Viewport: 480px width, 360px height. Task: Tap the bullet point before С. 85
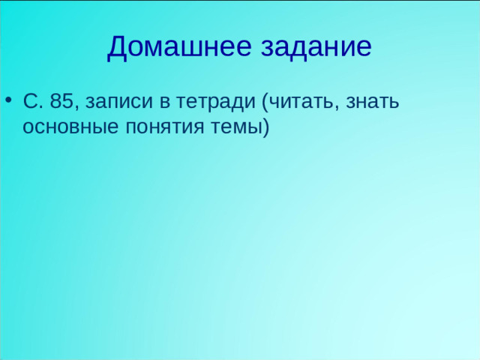click(8, 101)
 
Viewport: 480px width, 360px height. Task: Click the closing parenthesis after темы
click(264, 127)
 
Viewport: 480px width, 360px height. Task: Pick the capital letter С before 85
click(31, 102)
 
